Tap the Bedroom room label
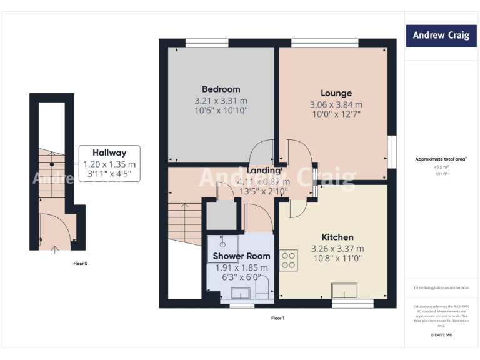point(221,89)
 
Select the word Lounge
point(336,93)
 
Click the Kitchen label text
point(337,237)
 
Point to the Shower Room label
point(241,256)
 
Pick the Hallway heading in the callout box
point(109,152)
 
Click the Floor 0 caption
point(79,264)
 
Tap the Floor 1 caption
point(277,319)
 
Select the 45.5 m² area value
point(441,167)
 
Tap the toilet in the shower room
point(262,289)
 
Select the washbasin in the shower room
point(241,292)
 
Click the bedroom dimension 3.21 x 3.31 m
point(221,101)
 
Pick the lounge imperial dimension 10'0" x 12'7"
point(336,114)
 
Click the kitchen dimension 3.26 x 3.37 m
point(337,249)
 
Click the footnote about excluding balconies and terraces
point(441,287)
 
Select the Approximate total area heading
point(441,159)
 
